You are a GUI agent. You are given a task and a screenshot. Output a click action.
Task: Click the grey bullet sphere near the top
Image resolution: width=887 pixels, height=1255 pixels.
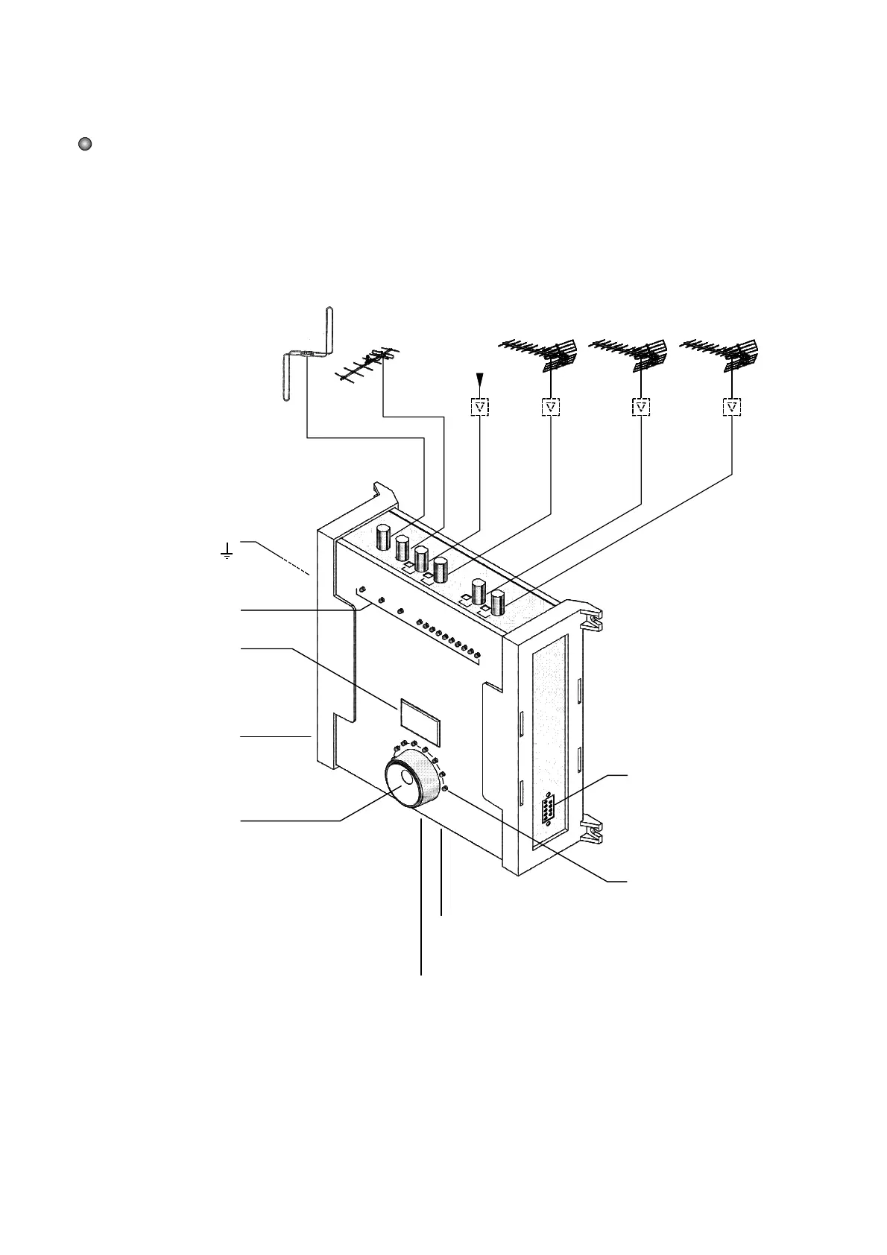[85, 144]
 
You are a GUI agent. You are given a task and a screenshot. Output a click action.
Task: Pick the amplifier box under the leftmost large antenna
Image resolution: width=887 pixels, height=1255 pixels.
[550, 407]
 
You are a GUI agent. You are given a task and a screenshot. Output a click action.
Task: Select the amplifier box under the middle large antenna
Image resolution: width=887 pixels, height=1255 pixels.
[641, 407]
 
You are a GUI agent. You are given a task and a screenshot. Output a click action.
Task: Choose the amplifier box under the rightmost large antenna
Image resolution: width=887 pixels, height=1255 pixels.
[733, 407]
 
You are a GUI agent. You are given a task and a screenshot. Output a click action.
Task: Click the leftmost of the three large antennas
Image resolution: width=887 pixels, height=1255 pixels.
[540, 354]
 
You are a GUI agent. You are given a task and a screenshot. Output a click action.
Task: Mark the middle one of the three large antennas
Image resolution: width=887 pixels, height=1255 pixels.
[631, 354]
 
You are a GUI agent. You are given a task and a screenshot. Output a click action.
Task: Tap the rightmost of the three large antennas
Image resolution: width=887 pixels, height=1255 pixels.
[722, 354]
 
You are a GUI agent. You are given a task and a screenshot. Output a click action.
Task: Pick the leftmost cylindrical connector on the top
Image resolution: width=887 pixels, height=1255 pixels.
[385, 537]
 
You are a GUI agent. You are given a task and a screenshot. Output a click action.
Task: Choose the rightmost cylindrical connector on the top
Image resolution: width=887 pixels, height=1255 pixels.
[497, 602]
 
